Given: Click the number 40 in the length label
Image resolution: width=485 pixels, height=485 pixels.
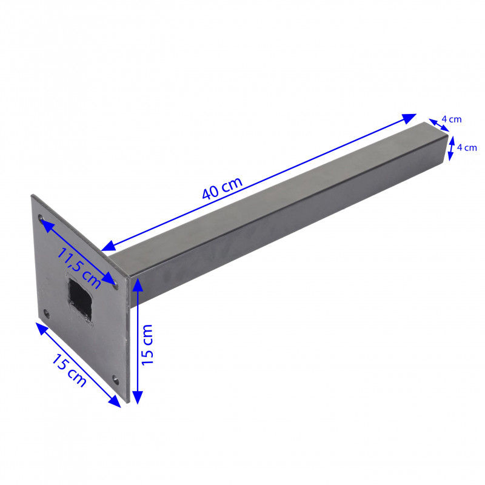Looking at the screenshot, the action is coord(211,192).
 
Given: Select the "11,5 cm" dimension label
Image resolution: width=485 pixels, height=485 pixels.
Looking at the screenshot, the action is coord(79,268).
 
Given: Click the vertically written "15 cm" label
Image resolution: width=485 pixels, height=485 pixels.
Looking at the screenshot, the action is coord(147,344).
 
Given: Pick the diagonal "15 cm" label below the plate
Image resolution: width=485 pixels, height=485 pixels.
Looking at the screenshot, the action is coord(69,370).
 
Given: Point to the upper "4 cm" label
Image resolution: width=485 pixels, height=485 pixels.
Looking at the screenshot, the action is coord(451,119).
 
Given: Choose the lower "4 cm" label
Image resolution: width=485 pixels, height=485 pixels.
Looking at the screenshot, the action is coord(467,147).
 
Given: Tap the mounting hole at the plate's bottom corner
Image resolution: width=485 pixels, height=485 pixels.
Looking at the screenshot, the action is coord(115,380).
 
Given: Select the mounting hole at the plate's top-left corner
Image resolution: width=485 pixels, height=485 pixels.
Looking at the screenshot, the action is coord(41,218).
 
